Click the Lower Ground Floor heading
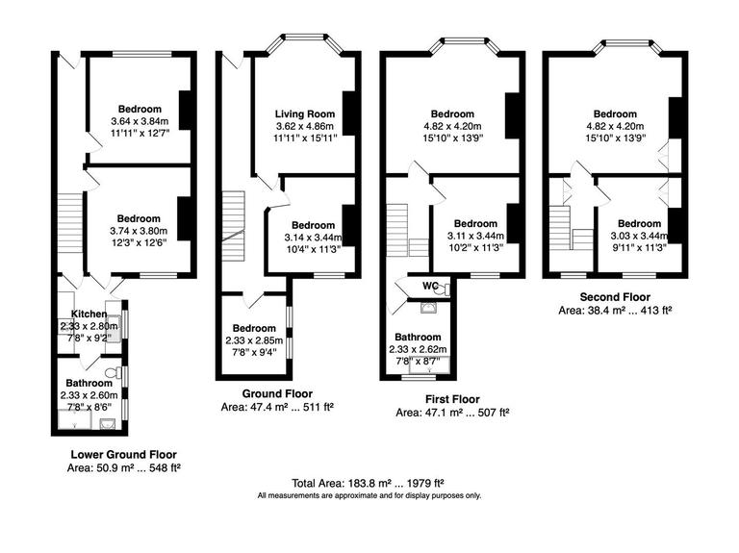tap(124, 454)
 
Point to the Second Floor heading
tap(615, 297)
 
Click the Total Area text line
tap(369, 483)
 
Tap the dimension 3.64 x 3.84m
tap(140, 121)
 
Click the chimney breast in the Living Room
tap(351, 113)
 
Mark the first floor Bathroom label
tap(418, 337)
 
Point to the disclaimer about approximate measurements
tap(369, 496)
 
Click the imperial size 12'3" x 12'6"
tap(140, 242)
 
